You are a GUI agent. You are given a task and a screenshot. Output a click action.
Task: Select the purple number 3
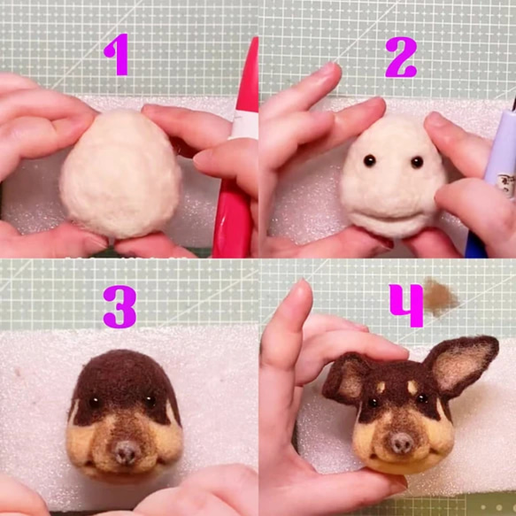(119, 306)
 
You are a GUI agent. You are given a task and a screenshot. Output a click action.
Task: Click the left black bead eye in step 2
(370, 160)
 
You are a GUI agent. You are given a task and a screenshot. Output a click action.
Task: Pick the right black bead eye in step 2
(416, 162)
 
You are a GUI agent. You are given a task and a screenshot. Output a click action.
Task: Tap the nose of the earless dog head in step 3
(125, 451)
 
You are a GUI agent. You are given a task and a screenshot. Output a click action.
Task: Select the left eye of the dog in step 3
(95, 403)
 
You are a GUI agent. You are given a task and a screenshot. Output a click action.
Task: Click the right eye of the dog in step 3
(151, 402)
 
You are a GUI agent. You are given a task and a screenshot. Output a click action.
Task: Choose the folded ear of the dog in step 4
(345, 376)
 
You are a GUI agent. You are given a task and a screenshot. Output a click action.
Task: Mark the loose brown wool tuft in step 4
(440, 297)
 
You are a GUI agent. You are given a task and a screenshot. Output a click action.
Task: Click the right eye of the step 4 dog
(423, 399)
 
